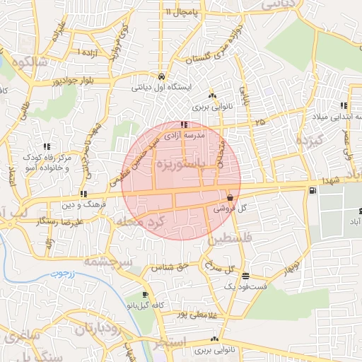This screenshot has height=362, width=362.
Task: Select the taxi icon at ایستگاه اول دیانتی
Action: click(x=163, y=76)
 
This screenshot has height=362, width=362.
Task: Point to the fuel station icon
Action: click(x=313, y=191)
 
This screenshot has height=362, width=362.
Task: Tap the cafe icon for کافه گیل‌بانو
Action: click(x=145, y=294)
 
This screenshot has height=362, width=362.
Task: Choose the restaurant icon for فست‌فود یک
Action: click(x=245, y=276)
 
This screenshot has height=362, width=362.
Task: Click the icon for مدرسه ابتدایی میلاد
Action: click(x=344, y=105)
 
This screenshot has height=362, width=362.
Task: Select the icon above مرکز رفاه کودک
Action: click(x=47, y=146)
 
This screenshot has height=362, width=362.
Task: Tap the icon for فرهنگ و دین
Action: click(x=83, y=193)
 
